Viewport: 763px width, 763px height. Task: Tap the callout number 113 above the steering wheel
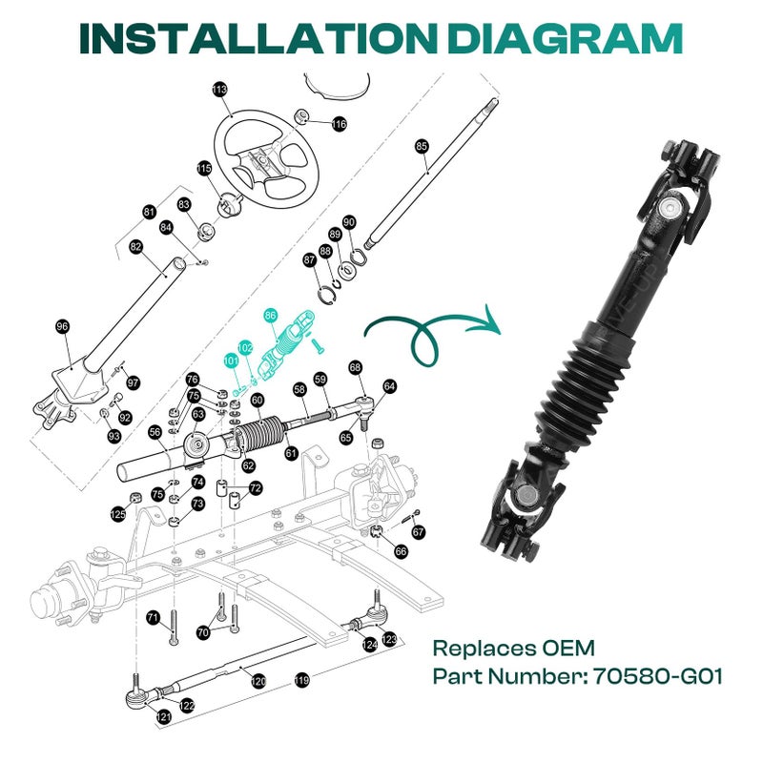[x=219, y=90]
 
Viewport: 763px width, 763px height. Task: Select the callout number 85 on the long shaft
[x=422, y=146]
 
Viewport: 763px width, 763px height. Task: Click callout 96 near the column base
[x=63, y=327]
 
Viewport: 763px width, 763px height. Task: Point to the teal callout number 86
[x=271, y=314]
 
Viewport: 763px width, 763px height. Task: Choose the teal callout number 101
[x=231, y=361]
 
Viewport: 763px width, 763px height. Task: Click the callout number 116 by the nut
[x=339, y=124]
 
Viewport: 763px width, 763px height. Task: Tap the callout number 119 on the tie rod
[x=302, y=681]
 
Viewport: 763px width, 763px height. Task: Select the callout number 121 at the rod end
[x=164, y=715]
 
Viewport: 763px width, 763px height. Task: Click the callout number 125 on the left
[x=118, y=514]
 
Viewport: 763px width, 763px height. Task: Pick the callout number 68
[x=355, y=367]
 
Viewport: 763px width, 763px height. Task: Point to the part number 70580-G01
[x=657, y=677]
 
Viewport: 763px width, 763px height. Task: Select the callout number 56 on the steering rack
[x=155, y=432]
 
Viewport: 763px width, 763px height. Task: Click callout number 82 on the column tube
[x=135, y=247]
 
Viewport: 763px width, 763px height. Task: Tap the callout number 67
[x=420, y=532]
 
